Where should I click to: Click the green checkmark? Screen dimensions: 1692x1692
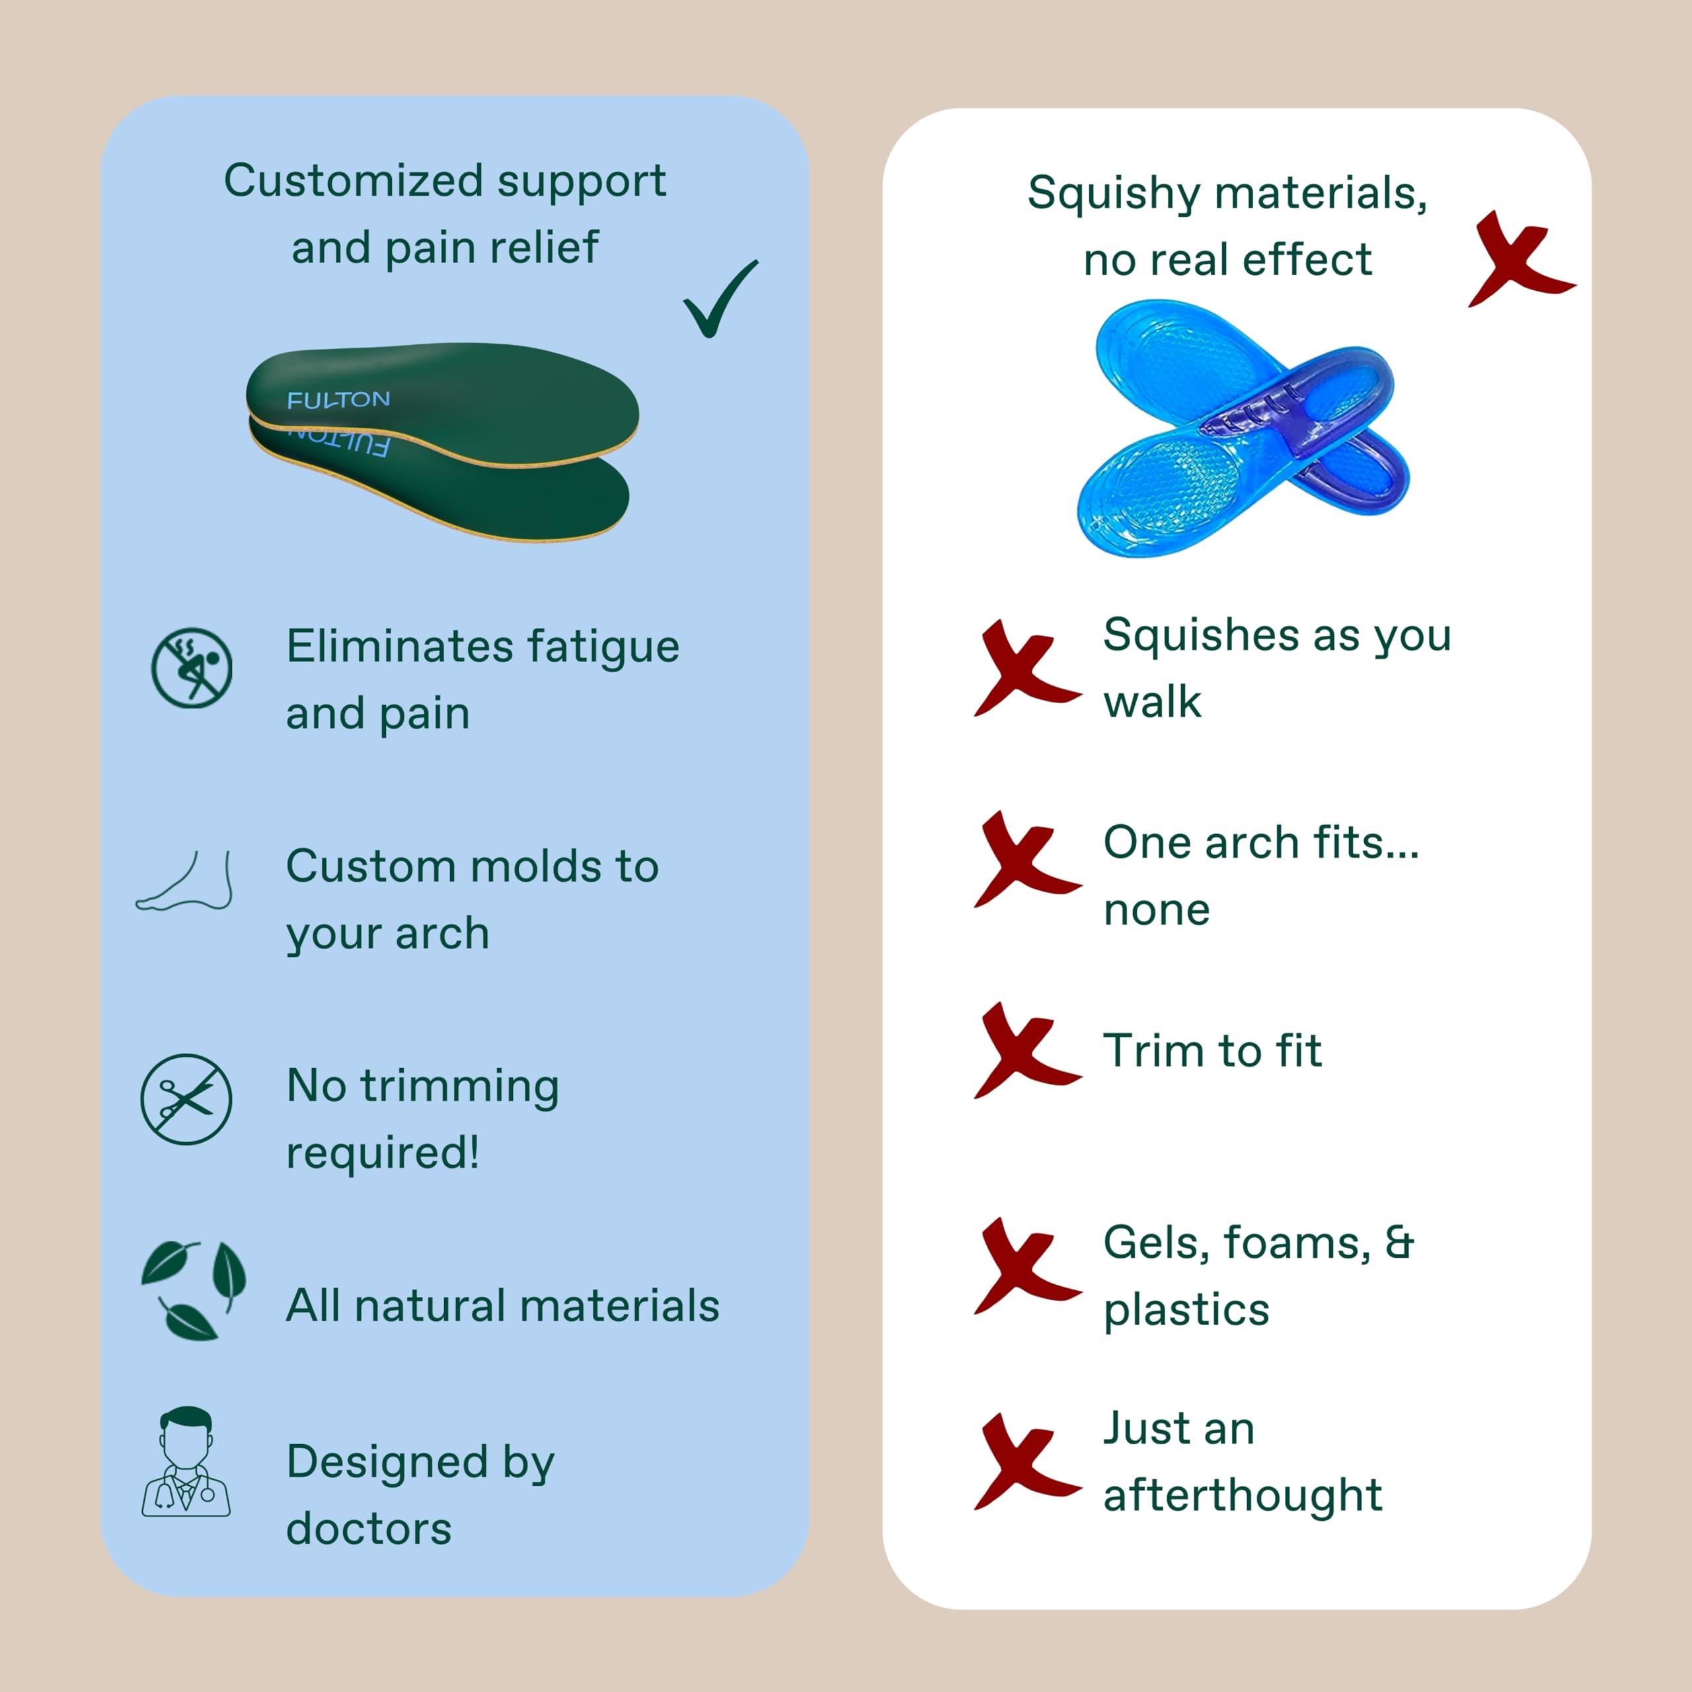720,299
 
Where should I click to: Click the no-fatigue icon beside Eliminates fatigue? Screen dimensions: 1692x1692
192,668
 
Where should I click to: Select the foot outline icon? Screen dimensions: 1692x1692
186,882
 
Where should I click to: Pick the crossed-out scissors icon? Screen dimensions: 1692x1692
186,1099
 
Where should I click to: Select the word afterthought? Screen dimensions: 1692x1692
1242,1495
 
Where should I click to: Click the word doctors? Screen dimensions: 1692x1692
369,1529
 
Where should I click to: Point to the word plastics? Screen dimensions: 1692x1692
1186,1310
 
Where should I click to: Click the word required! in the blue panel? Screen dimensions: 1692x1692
383,1153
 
